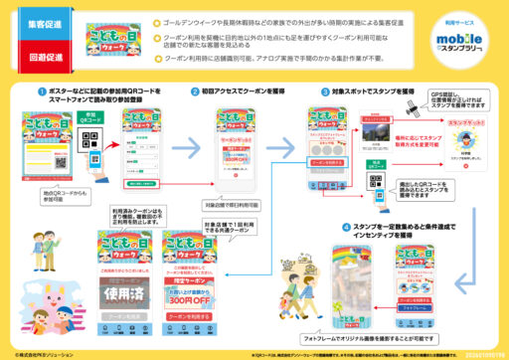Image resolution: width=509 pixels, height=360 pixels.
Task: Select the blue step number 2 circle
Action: (x=195, y=91)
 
